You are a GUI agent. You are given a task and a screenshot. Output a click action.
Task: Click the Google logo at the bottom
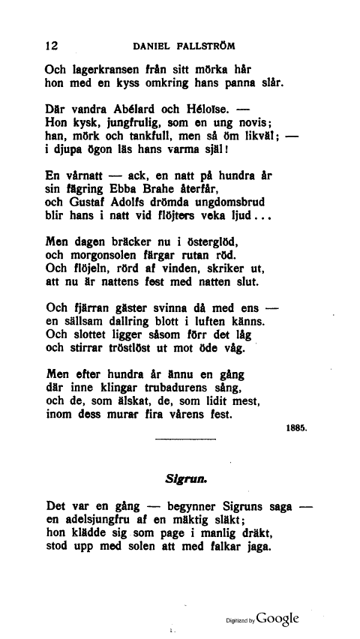(x=277, y=619)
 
